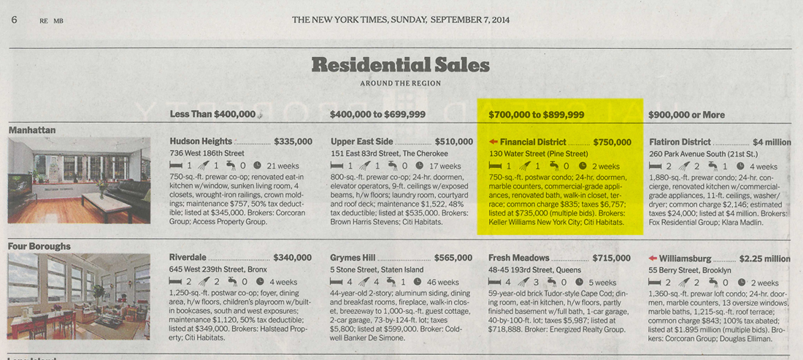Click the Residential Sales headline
coord(400,65)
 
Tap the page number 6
coord(14,20)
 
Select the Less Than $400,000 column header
coord(212,114)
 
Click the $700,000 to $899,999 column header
coord(536,115)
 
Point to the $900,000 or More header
coord(686,115)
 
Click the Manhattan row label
coord(32,130)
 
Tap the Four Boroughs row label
coord(39,246)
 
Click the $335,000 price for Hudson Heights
coord(293,142)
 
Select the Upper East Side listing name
coord(361,142)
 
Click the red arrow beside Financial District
coord(493,142)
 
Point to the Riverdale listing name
coord(188,258)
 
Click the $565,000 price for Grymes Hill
coord(453,258)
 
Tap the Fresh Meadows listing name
coord(518,258)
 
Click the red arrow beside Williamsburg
coord(653,258)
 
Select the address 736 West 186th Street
coord(207,153)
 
